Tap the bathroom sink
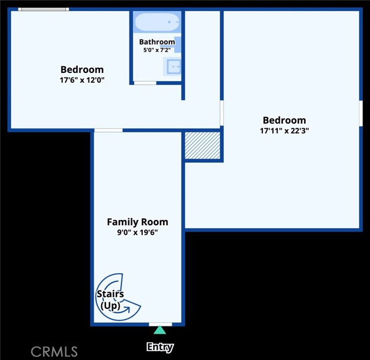[173, 67]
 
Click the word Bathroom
[157, 42]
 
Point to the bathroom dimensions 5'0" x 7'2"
[157, 50]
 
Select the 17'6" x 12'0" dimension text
[82, 80]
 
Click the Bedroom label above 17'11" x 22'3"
[284, 120]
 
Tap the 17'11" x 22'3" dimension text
[284, 130]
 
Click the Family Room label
[138, 222]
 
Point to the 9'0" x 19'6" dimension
[138, 232]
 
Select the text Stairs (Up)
[110, 299]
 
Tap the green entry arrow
[160, 330]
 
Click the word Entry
[160, 347]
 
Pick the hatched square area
[202, 145]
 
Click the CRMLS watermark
[54, 351]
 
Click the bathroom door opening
[145, 83]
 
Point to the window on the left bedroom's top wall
[43, 9]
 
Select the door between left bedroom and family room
[108, 130]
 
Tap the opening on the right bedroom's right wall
[360, 113]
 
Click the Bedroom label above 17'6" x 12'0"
[82, 70]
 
